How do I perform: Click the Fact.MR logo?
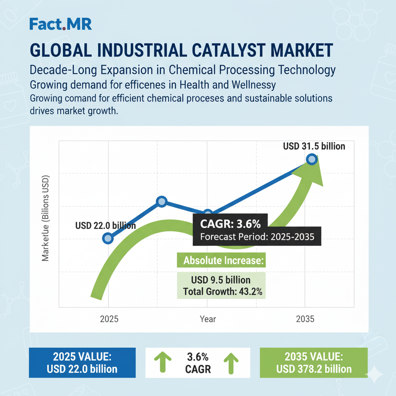[61, 24]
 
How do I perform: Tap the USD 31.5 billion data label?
[314, 146]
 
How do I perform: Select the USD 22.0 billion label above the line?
[105, 225]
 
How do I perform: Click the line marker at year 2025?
[108, 238]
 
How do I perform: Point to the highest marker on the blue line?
[312, 159]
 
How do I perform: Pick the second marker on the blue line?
[162, 201]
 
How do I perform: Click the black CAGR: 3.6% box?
[257, 230]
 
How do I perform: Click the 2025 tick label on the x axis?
[109, 319]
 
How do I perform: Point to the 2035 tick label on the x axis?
[306, 319]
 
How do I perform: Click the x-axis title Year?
[208, 319]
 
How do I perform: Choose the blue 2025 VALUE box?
[82, 363]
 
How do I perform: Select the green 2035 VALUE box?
[314, 363]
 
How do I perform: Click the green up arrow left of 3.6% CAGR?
[162, 363]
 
